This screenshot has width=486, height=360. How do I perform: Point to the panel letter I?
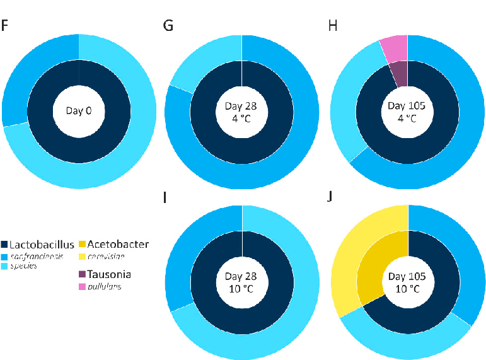pyautogui.click(x=165, y=198)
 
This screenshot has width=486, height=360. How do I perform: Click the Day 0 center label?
pyautogui.click(x=79, y=111)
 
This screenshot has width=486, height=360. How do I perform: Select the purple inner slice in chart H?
pyautogui.click(x=400, y=74)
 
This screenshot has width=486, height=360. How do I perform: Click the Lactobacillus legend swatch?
pyautogui.click(x=6, y=244)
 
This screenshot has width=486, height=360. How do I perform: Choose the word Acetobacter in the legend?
pyautogui.click(x=118, y=244)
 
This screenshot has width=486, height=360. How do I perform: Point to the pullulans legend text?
pyautogui.click(x=103, y=286)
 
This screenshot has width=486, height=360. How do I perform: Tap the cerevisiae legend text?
pyautogui.click(x=105, y=255)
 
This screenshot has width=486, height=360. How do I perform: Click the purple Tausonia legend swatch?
pyautogui.click(x=82, y=275)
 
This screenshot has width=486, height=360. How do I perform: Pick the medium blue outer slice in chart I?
pyautogui.click(x=192, y=252)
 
